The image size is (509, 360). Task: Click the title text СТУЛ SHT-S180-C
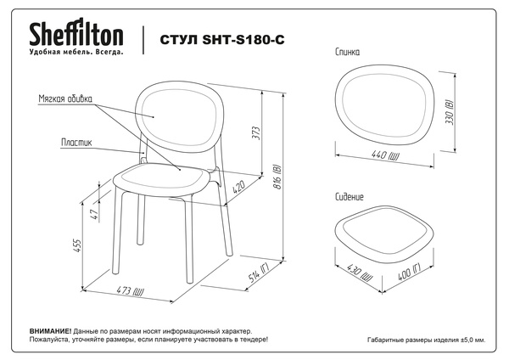[x=222, y=40]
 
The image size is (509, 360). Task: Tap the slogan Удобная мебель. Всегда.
[x=76, y=52]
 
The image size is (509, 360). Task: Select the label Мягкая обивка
[x=65, y=98]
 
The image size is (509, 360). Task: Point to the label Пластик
[x=76, y=143]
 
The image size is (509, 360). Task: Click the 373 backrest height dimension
[x=256, y=133]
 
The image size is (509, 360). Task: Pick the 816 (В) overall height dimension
[x=278, y=177]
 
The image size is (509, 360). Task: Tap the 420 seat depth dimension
[x=238, y=188]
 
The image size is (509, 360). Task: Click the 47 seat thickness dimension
[x=94, y=214]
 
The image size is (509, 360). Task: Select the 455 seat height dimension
[x=76, y=246]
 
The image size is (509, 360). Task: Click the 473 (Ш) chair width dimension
[x=130, y=290]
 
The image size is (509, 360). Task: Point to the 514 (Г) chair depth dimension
[x=259, y=274]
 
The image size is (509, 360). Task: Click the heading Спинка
[x=347, y=52]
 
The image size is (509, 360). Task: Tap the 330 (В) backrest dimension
[x=450, y=113]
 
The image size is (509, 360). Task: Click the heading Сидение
[x=350, y=197]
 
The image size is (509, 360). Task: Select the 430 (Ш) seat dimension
[x=360, y=273]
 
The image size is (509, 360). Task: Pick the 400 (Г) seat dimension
[x=409, y=272]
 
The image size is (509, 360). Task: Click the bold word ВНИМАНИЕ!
[x=50, y=331]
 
